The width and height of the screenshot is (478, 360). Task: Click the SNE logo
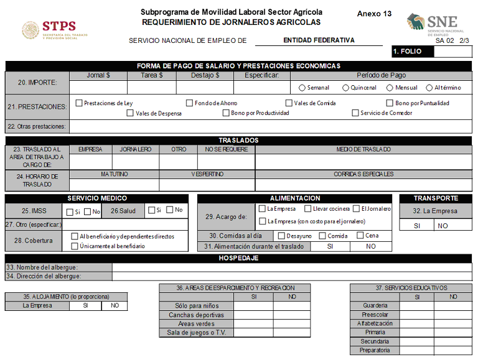(x=436, y=25)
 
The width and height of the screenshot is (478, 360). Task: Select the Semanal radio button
(x=302, y=88)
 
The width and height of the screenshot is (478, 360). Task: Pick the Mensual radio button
(x=390, y=88)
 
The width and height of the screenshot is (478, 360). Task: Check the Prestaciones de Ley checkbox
(x=79, y=103)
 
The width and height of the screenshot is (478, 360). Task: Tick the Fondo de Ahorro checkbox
(x=189, y=103)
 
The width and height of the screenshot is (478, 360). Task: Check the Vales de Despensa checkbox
(x=130, y=113)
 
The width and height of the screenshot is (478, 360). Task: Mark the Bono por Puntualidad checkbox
(x=390, y=103)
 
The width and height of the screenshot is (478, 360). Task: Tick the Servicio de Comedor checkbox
(x=355, y=113)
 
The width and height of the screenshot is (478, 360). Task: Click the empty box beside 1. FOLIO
(x=452, y=52)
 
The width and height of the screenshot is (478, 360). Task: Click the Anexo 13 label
(x=374, y=14)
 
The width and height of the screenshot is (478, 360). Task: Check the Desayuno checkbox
(x=281, y=236)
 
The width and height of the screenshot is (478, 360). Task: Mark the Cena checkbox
(x=360, y=236)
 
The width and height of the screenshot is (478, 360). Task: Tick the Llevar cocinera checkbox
(x=307, y=209)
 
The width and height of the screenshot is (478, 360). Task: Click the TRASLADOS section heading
(x=238, y=141)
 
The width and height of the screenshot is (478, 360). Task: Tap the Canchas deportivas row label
(x=197, y=315)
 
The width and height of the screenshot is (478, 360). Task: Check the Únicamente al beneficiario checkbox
(x=75, y=246)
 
